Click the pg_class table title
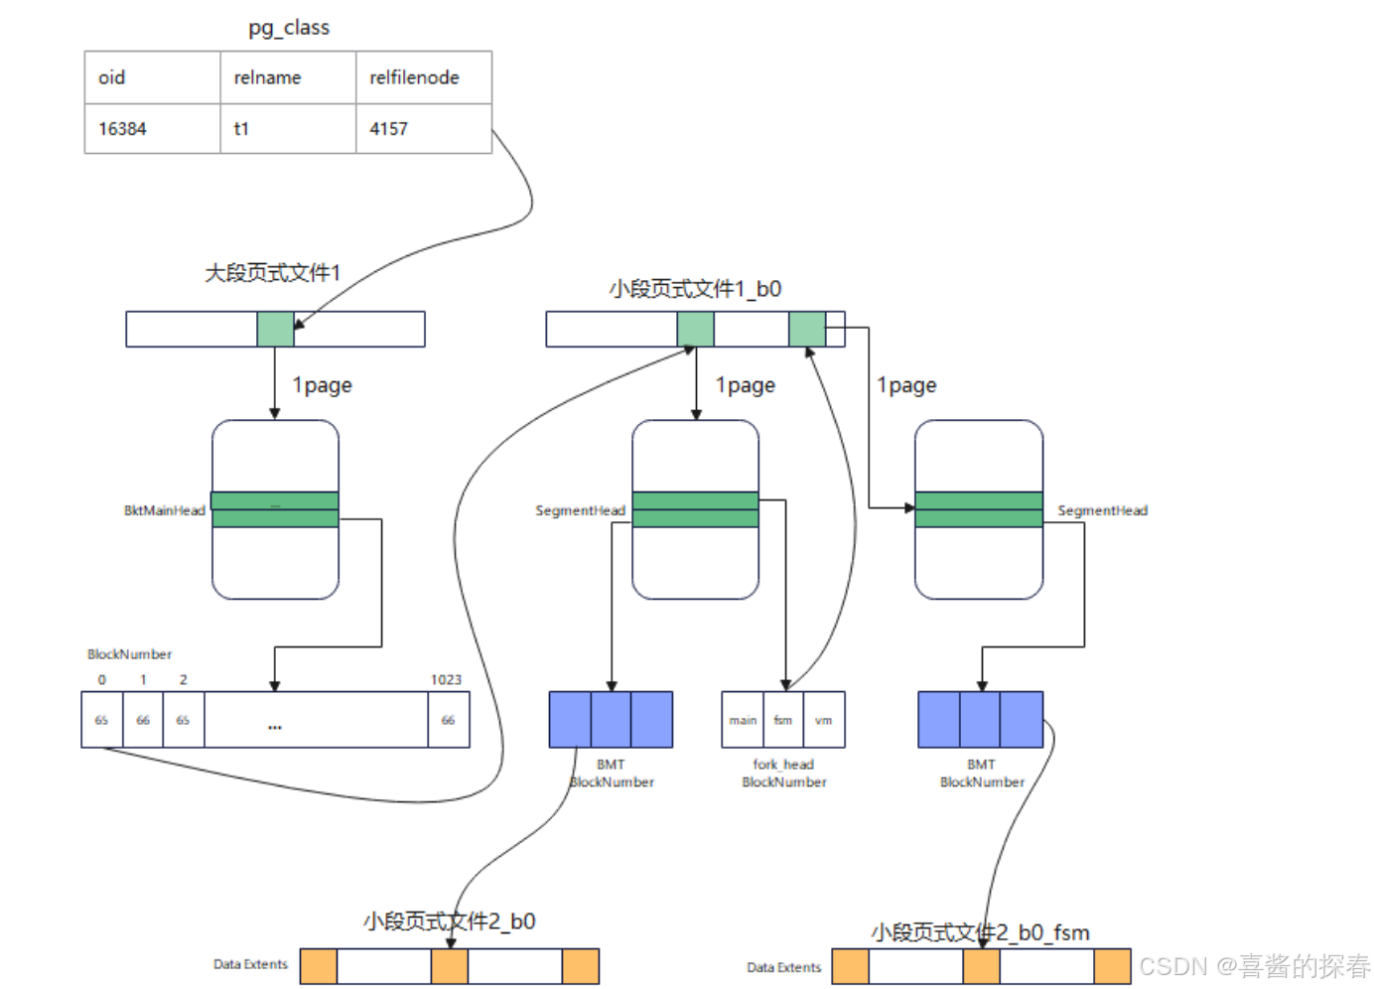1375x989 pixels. click(289, 28)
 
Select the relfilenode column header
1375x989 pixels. click(414, 77)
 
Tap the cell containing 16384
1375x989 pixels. click(122, 129)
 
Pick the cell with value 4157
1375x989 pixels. click(388, 129)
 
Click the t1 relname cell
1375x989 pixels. click(241, 129)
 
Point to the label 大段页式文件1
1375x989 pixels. click(272, 273)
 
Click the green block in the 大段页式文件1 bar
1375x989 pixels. click(275, 330)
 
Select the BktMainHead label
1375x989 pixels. click(164, 510)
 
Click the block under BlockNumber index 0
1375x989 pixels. click(101, 720)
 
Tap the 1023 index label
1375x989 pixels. click(446, 680)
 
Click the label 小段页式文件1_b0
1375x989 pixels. click(695, 289)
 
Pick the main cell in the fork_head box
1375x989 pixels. click(743, 720)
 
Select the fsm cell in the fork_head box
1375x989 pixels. click(783, 720)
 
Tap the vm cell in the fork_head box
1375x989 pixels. click(824, 720)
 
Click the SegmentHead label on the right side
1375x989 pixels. click(1102, 510)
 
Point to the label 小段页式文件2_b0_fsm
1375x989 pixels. click(980, 932)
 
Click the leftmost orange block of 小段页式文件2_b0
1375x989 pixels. click(319, 966)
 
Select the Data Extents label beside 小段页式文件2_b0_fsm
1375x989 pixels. click(783, 967)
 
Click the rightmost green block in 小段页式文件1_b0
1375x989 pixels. click(807, 330)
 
